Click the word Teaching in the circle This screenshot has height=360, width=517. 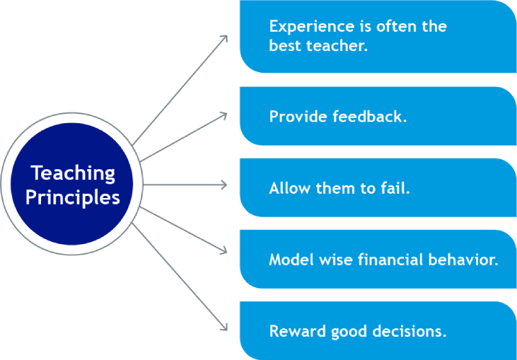point(73,174)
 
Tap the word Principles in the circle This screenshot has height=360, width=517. point(73,198)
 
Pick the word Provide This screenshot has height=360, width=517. point(298,117)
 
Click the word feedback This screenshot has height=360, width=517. point(369,117)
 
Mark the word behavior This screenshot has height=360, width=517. point(463,260)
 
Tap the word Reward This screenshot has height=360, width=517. point(298,331)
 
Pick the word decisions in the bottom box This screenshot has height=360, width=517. point(408,331)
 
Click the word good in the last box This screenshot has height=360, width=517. point(347,333)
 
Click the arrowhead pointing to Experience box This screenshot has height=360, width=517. point(223,39)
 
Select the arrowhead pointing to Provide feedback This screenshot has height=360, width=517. point(223,116)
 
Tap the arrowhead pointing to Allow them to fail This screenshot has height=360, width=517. point(223,184)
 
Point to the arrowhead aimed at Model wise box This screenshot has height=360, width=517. point(223,251)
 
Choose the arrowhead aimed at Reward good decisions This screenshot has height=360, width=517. point(223,326)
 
